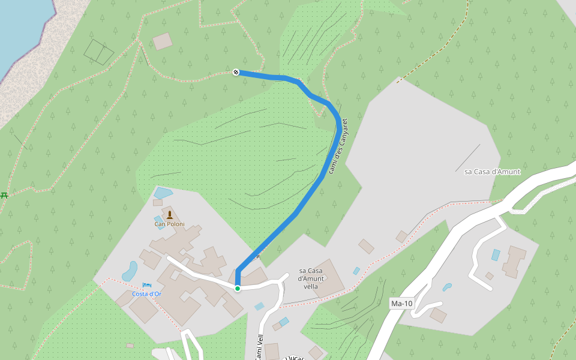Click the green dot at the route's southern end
pyautogui.click(x=238, y=289)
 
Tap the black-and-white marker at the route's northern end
pyautogui.click(x=236, y=72)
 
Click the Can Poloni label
pyautogui.click(x=169, y=224)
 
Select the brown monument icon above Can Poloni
pyautogui.click(x=169, y=215)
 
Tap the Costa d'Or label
pyautogui.click(x=147, y=294)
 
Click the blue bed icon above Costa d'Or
pyautogui.click(x=147, y=285)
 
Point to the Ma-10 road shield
pyautogui.click(x=401, y=304)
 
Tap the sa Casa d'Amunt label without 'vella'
pyautogui.click(x=492, y=172)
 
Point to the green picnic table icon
pyautogui.click(x=4, y=195)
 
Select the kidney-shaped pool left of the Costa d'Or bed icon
pyautogui.click(x=130, y=271)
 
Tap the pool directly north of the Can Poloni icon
pyautogui.click(x=163, y=193)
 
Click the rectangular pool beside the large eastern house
pyautogui.click(x=496, y=254)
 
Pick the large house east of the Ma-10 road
pyautogui.click(x=514, y=262)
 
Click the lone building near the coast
pyautogui.click(x=162, y=41)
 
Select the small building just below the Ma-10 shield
pyautogui.click(x=438, y=316)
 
